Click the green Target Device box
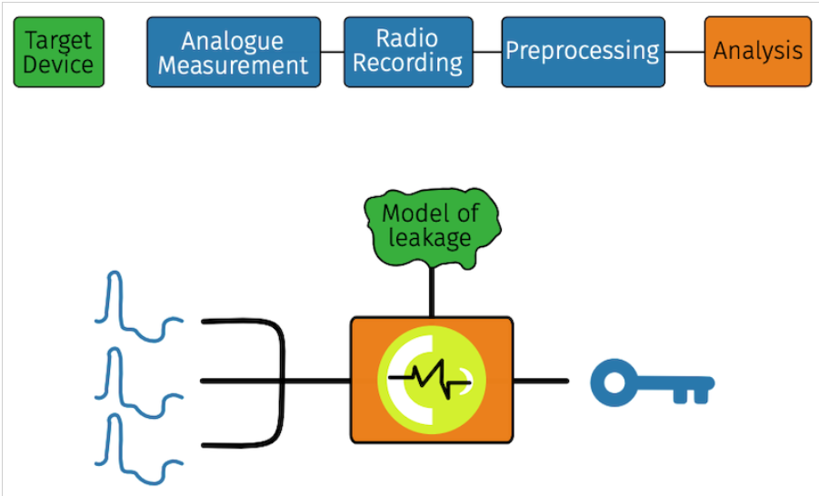[x=58, y=52]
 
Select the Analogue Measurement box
[x=234, y=52]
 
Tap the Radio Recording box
[x=408, y=52]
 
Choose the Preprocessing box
[x=583, y=52]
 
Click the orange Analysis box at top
[x=758, y=52]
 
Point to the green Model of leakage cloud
[x=432, y=228]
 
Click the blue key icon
[x=652, y=382]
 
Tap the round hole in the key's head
[x=614, y=382]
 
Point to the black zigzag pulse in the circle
[x=429, y=380]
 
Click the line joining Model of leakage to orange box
[x=432, y=293]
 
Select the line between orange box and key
[x=541, y=382]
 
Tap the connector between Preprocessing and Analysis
[x=684, y=52]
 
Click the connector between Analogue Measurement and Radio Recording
[x=332, y=52]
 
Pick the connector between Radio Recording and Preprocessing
[x=487, y=52]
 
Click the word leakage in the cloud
[x=430, y=239]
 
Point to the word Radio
[x=407, y=38]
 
